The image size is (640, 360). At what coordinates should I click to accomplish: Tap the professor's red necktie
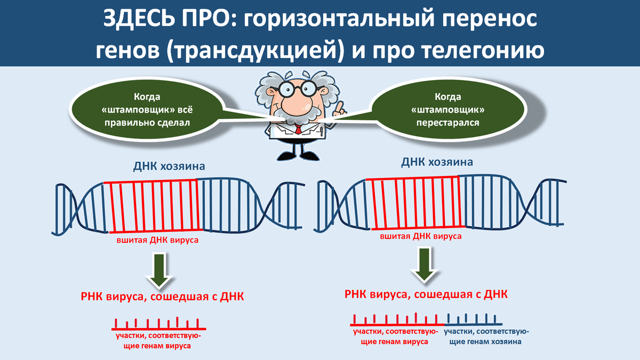pos(298,129)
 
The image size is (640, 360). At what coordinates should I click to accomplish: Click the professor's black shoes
pos(298,156)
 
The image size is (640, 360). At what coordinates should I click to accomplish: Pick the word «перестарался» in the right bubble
pos(447,123)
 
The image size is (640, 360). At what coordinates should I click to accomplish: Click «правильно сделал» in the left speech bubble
pos(147,123)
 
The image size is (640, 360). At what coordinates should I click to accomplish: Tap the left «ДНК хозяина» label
pos(169,166)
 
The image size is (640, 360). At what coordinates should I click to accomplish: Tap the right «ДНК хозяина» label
pos(437,162)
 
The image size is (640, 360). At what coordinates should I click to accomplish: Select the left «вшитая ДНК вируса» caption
pos(157,240)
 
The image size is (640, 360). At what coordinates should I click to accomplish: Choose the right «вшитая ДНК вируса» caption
pos(421,236)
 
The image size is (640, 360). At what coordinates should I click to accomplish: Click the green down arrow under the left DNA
pos(159,270)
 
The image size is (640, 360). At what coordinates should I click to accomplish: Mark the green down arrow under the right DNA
pos(425,265)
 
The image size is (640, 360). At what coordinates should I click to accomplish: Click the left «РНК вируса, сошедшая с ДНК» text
pos(162,297)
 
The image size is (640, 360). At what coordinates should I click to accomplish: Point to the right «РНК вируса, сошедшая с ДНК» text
pos(426,294)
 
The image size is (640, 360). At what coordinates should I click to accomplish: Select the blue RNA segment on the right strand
pos(474,319)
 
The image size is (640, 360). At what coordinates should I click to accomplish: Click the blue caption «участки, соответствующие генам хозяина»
pos(486,337)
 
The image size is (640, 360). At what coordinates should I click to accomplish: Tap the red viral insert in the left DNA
pos(154,206)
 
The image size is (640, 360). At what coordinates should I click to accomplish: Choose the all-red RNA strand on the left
pos(158,324)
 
